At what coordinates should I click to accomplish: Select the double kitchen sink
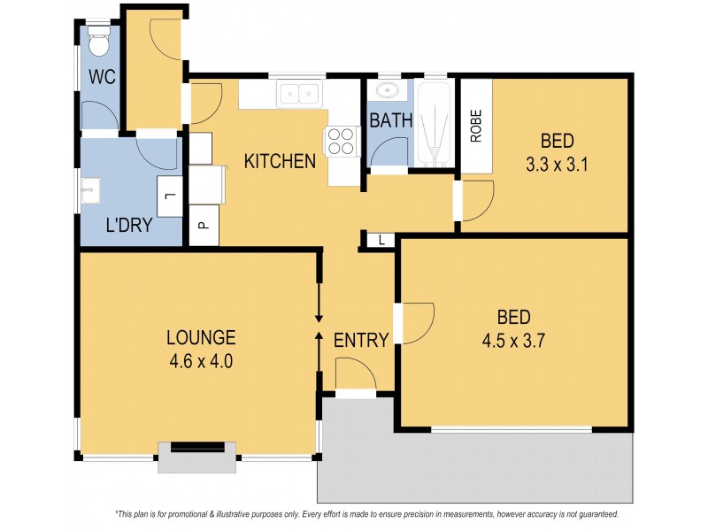[298, 92]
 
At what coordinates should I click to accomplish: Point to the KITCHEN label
[280, 162]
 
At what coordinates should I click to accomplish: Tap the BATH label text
[391, 120]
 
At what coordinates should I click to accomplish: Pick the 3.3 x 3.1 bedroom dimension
[558, 163]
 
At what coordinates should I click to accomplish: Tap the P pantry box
[203, 227]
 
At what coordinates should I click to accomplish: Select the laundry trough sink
[89, 191]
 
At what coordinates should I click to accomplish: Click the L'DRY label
[129, 226]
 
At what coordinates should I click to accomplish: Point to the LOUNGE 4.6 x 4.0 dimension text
[201, 360]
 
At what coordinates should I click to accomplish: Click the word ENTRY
[361, 341]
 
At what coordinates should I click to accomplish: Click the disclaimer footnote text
[366, 514]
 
